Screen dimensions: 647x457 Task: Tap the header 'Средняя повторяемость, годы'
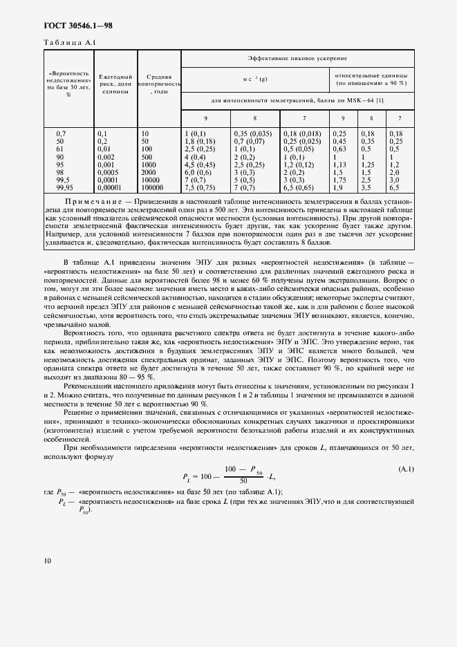(x=159, y=84)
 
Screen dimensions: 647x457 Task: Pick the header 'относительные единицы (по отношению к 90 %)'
(x=371, y=78)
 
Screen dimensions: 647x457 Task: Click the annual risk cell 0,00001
(x=112, y=187)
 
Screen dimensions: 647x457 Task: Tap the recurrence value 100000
(x=153, y=187)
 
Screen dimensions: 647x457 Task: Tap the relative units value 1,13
(x=339, y=164)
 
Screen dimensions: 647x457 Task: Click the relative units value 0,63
(x=339, y=148)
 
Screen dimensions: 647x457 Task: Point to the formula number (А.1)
(x=406, y=470)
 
